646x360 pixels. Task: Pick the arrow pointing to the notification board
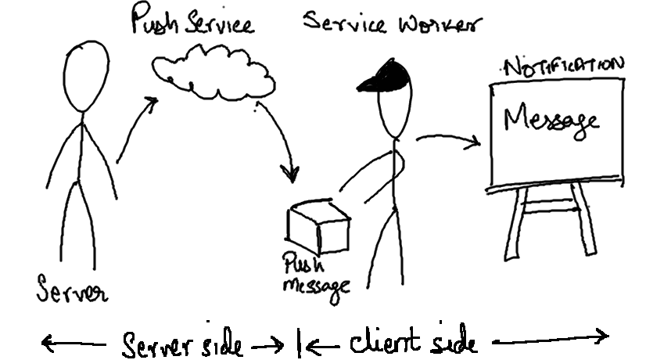pyautogui.click(x=450, y=139)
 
